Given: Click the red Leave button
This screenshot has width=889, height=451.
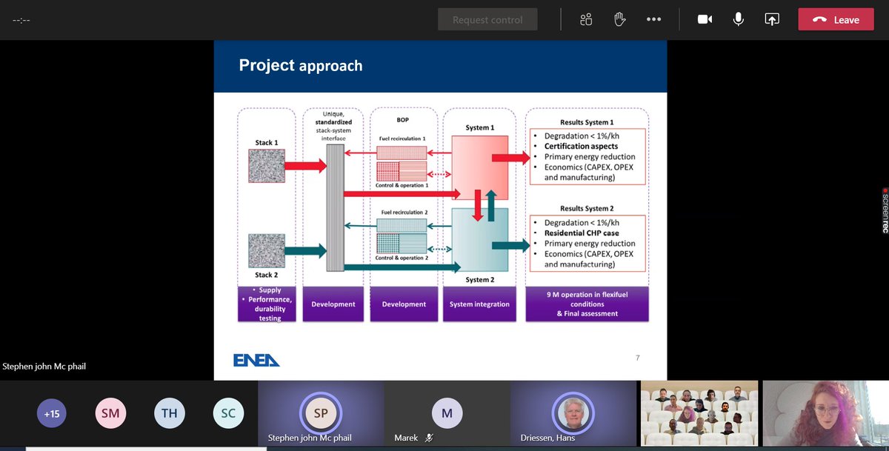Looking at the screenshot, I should (x=836, y=19).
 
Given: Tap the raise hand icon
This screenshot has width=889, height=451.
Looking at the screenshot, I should (x=620, y=19).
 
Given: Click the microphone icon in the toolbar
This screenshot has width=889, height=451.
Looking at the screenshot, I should (x=738, y=19).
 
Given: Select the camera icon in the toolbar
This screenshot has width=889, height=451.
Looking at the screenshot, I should (x=705, y=19).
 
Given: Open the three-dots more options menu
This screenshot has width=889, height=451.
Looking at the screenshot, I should (x=653, y=19).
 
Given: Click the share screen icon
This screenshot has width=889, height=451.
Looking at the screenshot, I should (x=772, y=19).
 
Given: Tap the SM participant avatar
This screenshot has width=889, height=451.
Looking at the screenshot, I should (x=110, y=414).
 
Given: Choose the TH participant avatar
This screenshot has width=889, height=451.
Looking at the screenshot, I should (x=169, y=414).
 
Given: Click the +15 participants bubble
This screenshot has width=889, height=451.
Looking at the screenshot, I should (x=51, y=414).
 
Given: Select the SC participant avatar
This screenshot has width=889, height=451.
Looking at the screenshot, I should (x=227, y=414).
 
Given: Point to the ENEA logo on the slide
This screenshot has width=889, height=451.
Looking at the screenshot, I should (x=256, y=359).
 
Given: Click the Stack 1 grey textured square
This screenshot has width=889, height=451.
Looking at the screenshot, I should (x=267, y=166).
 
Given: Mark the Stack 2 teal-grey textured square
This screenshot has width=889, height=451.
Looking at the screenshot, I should (x=267, y=250).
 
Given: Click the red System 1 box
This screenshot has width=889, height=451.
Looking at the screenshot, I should (x=480, y=167).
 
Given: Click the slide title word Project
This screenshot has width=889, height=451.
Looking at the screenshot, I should (x=266, y=65).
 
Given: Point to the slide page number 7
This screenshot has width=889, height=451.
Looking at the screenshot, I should (x=638, y=358).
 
